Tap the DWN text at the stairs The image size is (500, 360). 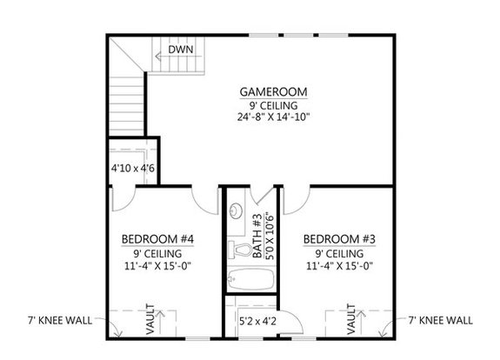pyautogui.click(x=180, y=50)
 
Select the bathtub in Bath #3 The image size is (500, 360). pyautogui.click(x=250, y=280)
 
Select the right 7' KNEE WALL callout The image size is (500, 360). pyautogui.click(x=440, y=320)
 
